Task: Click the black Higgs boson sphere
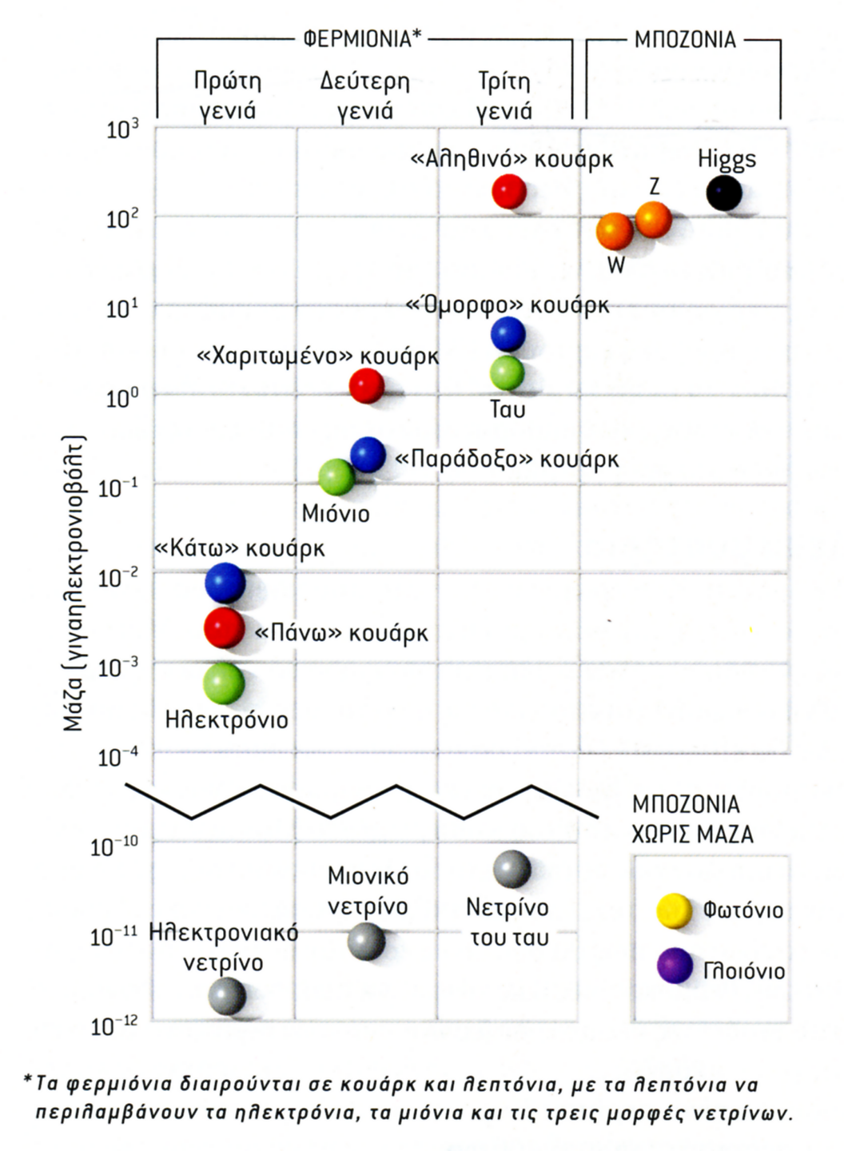[x=724, y=193]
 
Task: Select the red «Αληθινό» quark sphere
[x=509, y=192]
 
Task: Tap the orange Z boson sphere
[x=653, y=219]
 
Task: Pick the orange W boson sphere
[x=615, y=232]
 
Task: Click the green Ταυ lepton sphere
[x=507, y=372]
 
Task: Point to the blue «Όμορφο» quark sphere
[x=508, y=334]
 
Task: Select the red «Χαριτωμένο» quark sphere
[x=367, y=386]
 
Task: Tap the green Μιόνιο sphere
[x=336, y=477]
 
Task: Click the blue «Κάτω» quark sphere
[x=225, y=583]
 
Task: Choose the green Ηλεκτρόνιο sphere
[x=224, y=683]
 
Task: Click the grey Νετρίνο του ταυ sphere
[x=512, y=869]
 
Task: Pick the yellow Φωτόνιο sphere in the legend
[x=674, y=910]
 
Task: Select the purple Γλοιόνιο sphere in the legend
[x=675, y=966]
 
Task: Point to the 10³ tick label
[x=122, y=128]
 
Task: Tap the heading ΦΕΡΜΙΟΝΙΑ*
[x=362, y=39]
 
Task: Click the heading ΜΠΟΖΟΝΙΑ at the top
[x=685, y=39]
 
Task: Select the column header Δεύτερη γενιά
[x=365, y=95]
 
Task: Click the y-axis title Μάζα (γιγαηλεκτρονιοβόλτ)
[x=74, y=583]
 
